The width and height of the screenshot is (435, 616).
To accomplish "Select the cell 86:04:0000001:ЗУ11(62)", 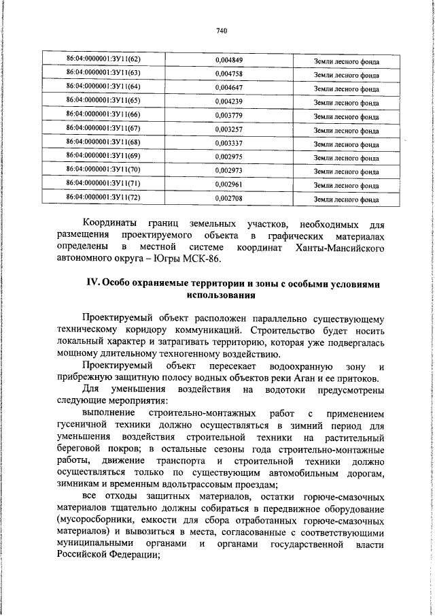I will pos(103,59).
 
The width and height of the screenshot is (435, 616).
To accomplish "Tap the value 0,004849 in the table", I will pos(229,60).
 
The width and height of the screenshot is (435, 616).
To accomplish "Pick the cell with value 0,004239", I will pos(229,101).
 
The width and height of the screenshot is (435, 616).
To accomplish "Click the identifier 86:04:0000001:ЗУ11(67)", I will pos(103,128).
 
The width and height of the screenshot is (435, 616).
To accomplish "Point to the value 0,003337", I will pos(229,143).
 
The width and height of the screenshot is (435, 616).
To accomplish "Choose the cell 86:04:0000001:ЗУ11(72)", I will pos(103,197).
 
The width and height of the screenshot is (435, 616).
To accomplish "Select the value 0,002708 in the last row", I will pos(229,198).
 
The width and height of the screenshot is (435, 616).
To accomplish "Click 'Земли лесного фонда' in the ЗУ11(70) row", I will pos(347,172).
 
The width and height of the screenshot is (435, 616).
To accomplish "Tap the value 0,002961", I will pos(229,184).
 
